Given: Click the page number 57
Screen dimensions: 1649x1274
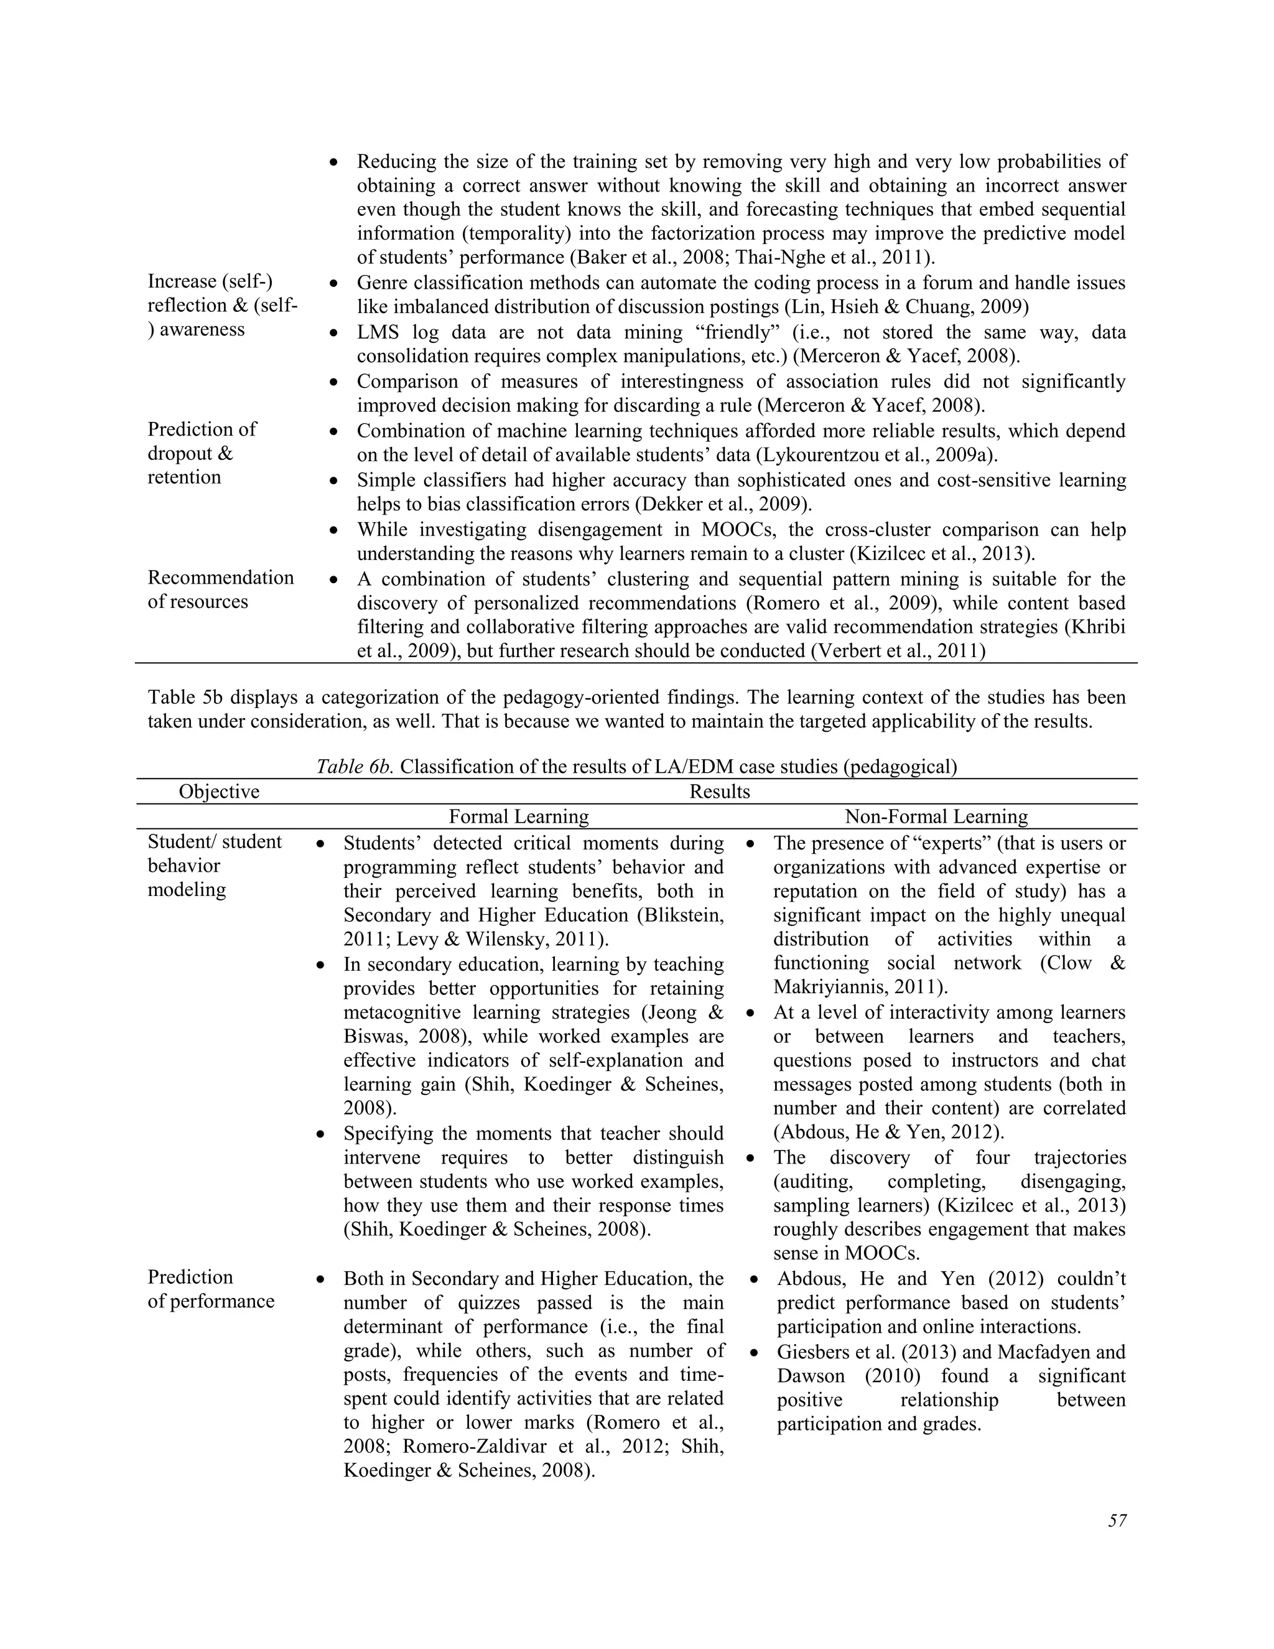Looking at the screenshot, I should tap(1117, 1521).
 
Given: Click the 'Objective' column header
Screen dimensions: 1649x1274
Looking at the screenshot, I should tap(219, 792).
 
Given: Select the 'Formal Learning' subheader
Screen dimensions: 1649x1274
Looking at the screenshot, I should tap(519, 816).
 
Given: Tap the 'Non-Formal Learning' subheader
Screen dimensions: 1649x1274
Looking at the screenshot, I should tap(936, 816).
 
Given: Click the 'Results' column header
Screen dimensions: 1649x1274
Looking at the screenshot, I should tap(719, 792).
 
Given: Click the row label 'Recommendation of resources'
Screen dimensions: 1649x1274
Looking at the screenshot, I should tap(220, 590).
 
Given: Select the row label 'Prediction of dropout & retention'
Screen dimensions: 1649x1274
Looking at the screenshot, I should tap(202, 453).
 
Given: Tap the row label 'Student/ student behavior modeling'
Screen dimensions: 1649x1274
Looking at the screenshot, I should tap(215, 866).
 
